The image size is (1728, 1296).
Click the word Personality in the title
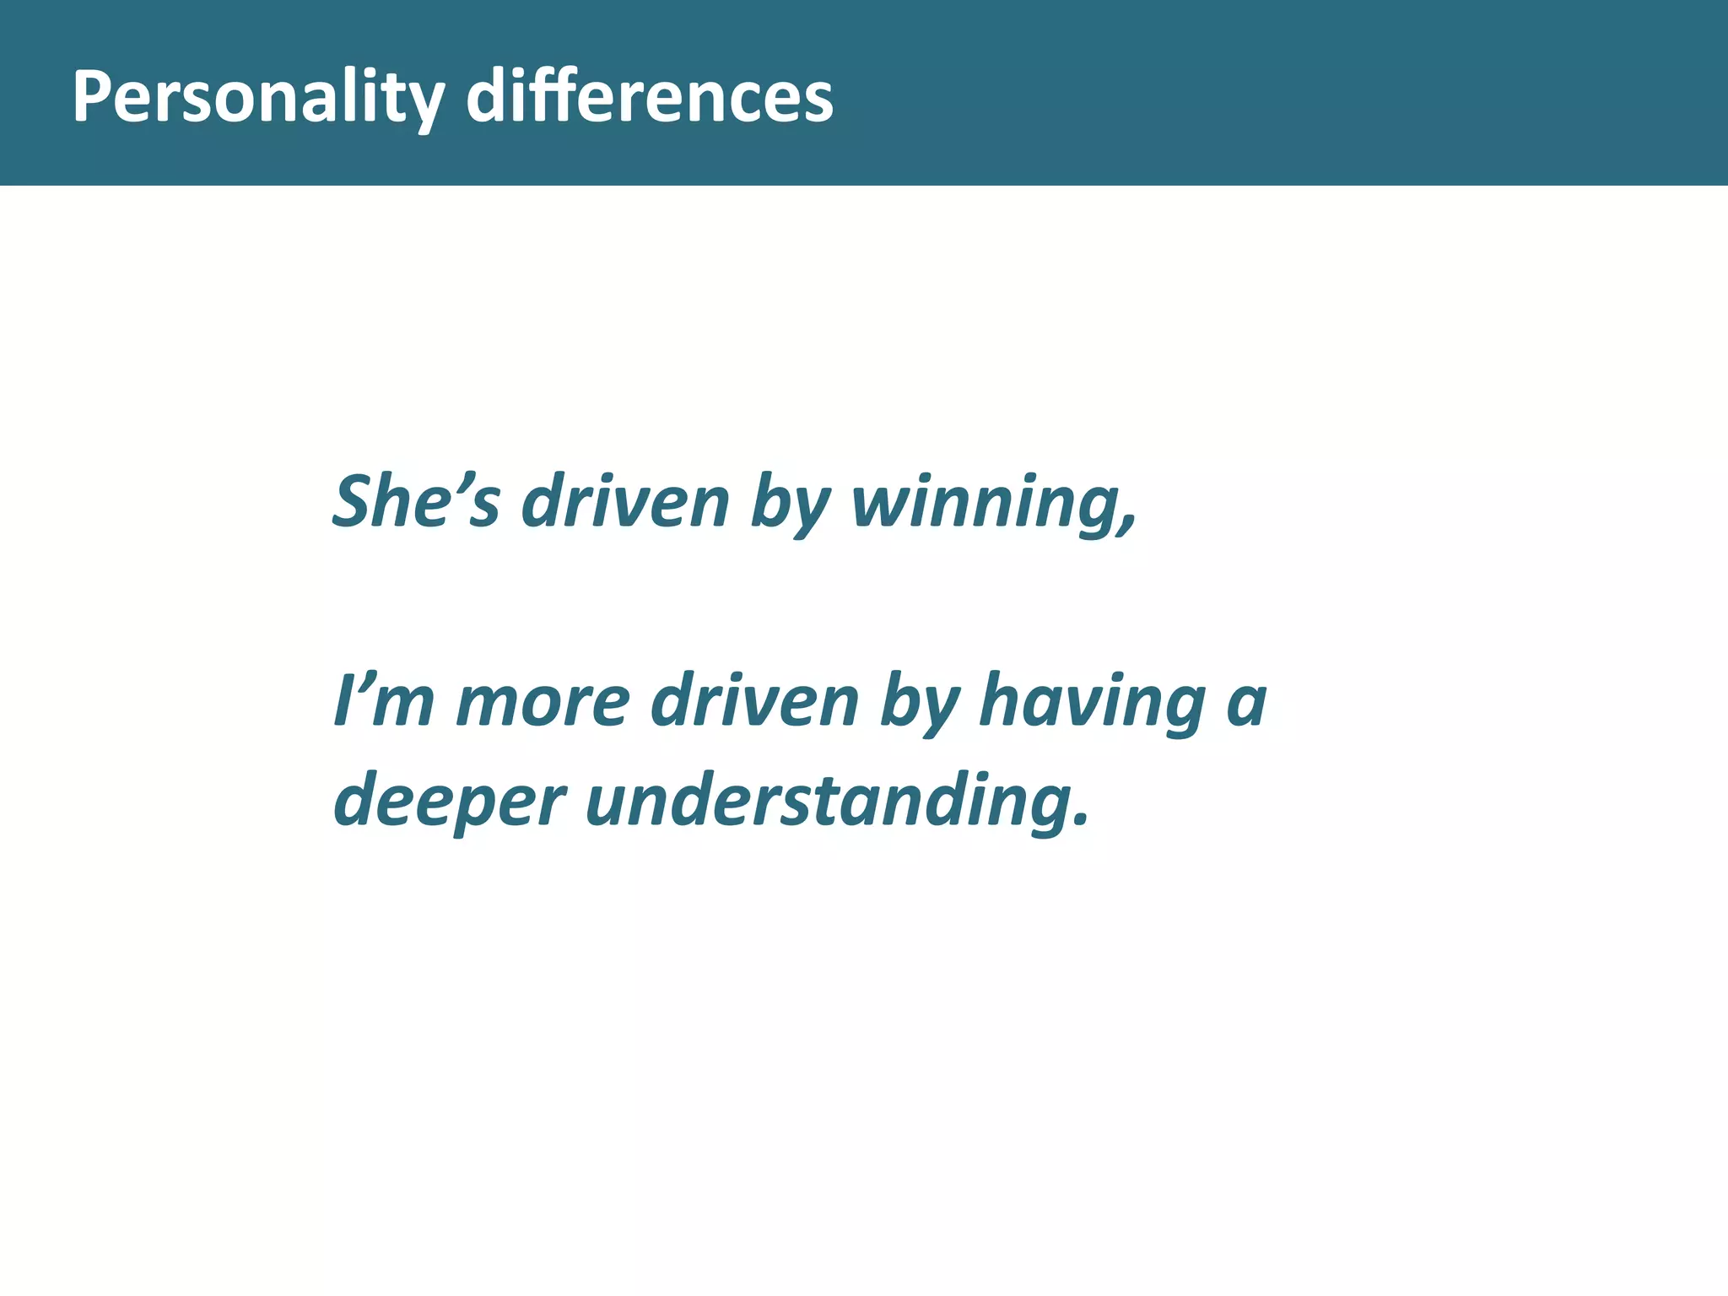coord(257,97)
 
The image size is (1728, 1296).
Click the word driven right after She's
coord(625,502)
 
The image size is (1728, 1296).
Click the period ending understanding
coord(1081,820)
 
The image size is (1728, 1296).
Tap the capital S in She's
coord(354,502)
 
